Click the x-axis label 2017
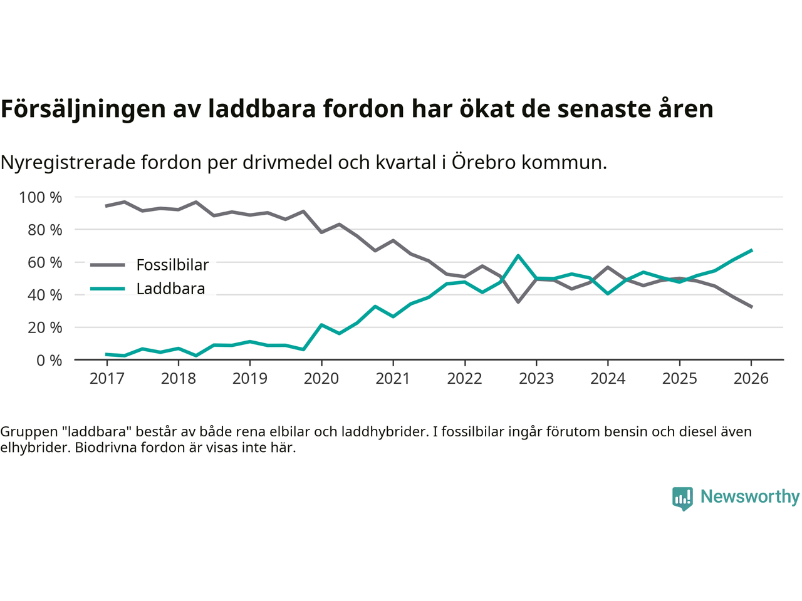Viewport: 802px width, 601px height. pyautogui.click(x=107, y=379)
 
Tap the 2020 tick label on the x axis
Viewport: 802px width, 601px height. pyautogui.click(x=321, y=379)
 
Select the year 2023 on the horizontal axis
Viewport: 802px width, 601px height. pyautogui.click(x=536, y=379)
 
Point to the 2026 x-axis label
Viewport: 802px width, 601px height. pyautogui.click(x=751, y=379)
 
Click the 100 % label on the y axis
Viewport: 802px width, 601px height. pyautogui.click(x=41, y=198)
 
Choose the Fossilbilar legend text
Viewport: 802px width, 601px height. pyautogui.click(x=172, y=265)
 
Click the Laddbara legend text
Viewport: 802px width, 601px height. pyautogui.click(x=170, y=289)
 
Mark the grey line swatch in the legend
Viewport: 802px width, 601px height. pyautogui.click(x=108, y=265)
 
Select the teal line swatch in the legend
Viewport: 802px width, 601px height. pyautogui.click(x=108, y=289)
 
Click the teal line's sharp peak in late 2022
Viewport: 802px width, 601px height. pyautogui.click(x=518, y=255)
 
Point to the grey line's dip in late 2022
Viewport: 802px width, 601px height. pyautogui.click(x=518, y=302)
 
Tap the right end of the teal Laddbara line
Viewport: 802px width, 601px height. pyautogui.click(x=751, y=250)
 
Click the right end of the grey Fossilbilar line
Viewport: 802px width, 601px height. pyautogui.click(x=751, y=307)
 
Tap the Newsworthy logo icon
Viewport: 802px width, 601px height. pyautogui.click(x=682, y=498)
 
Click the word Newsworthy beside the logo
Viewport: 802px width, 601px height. pyautogui.click(x=749, y=496)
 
